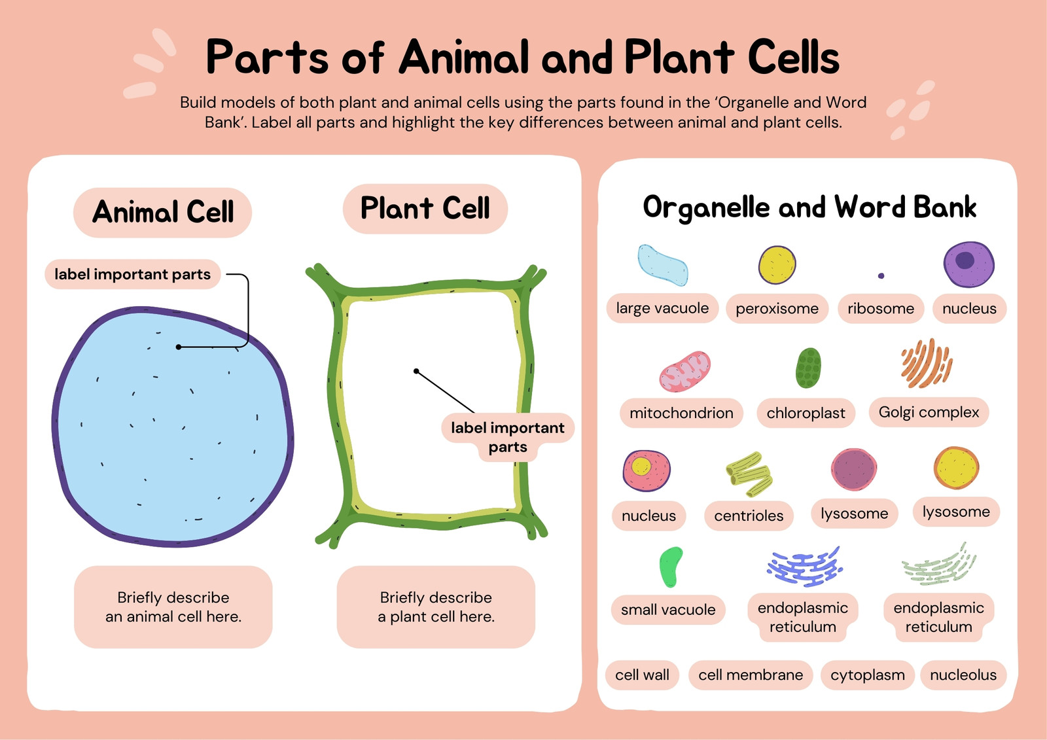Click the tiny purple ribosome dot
881,276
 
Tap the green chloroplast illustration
808,368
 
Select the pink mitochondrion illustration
684,372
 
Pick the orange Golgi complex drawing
927,363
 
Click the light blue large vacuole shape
662,265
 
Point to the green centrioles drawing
749,474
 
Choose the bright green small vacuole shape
670,567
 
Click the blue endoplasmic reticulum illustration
804,567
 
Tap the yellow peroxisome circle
777,265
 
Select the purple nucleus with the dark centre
969,264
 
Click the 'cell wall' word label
642,675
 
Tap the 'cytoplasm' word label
868,675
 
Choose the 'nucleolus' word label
963,675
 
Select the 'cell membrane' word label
751,675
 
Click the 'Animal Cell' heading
163,212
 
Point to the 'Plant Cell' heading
425,209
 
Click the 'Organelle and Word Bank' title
809,207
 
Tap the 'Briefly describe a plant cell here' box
436,607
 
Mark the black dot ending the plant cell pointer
416,371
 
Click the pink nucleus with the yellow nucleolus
647,470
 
